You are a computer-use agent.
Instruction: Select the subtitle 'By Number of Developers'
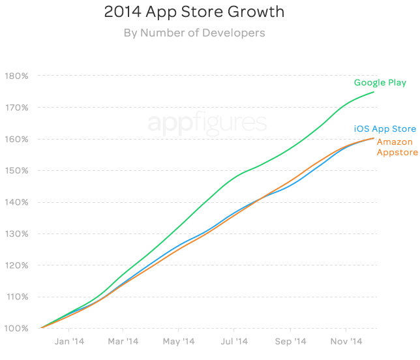(x=194, y=33)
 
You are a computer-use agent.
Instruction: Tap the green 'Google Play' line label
(x=380, y=83)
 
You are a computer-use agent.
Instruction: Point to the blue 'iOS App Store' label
(x=385, y=129)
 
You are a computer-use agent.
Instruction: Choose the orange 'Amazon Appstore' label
(x=396, y=147)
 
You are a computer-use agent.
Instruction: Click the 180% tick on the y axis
(x=16, y=76)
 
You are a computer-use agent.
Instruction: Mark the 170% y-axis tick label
(x=16, y=108)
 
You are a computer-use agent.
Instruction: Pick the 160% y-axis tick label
(x=16, y=139)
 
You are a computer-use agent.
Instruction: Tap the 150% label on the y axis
(x=16, y=171)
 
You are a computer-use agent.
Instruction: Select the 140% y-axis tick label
(x=16, y=202)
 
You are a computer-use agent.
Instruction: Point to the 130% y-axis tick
(x=16, y=233)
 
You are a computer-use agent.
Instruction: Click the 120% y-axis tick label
(x=16, y=265)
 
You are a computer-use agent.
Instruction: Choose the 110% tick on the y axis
(x=16, y=297)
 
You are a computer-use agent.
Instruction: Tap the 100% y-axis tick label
(x=16, y=328)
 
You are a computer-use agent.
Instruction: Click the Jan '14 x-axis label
(x=69, y=342)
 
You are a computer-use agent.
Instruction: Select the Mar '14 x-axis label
(x=123, y=342)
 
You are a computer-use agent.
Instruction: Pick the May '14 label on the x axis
(x=179, y=342)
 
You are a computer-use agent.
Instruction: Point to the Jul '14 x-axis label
(x=234, y=342)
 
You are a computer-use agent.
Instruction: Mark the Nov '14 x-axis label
(x=346, y=342)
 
